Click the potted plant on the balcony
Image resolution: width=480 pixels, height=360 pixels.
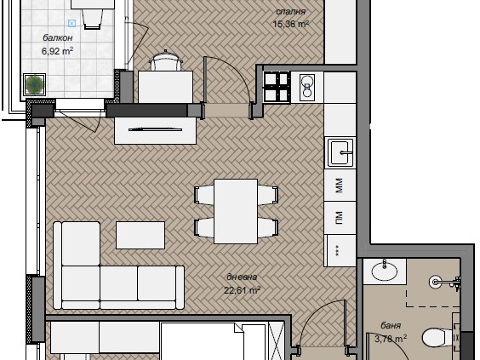pyautogui.click(x=35, y=84)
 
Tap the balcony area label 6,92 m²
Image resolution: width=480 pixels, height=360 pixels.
pyautogui.click(x=57, y=50)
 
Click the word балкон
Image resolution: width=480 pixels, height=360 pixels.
pyautogui.click(x=58, y=37)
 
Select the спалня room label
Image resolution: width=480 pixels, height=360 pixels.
pyautogui.click(x=290, y=12)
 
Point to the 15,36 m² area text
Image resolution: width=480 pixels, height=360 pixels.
pyautogui.click(x=290, y=24)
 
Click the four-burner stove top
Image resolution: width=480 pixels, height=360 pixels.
pyautogui.click(x=277, y=87)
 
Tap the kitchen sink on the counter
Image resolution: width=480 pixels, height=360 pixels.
pyautogui.click(x=340, y=152)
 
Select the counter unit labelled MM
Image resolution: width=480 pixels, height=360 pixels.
pyautogui.click(x=340, y=186)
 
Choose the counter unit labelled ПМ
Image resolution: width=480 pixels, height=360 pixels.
pyautogui.click(x=340, y=218)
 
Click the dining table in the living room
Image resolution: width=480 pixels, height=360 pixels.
pyautogui.click(x=236, y=211)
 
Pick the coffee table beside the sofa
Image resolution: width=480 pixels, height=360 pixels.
pyautogui.click(x=140, y=235)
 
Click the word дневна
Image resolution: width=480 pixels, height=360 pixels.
pyautogui.click(x=242, y=277)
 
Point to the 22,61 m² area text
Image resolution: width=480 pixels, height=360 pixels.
pyautogui.click(x=242, y=289)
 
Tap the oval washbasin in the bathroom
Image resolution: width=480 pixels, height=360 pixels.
pyautogui.click(x=385, y=271)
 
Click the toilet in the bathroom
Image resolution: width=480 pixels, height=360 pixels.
pyautogui.click(x=438, y=338)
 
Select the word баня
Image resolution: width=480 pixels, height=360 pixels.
pyautogui.click(x=391, y=325)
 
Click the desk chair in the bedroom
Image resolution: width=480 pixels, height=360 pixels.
pyautogui.click(x=165, y=61)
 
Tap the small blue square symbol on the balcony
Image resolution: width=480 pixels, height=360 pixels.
pyautogui.click(x=71, y=23)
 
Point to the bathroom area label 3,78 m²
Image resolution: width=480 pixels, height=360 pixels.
pyautogui.click(x=391, y=338)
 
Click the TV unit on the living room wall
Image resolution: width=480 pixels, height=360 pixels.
pyautogui.click(x=155, y=130)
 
